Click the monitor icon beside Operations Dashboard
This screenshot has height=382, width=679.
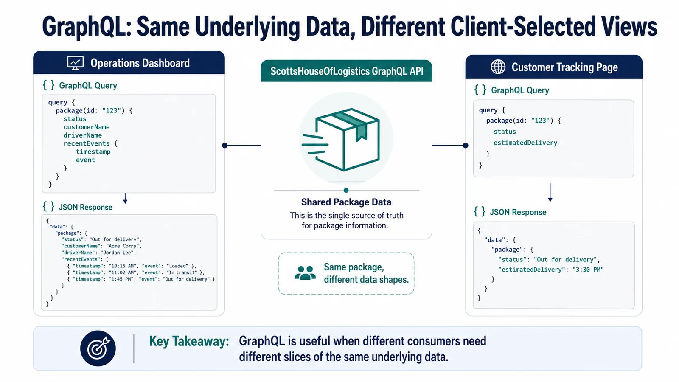pyautogui.click(x=75, y=63)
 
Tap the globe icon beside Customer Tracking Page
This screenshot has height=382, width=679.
pyautogui.click(x=498, y=67)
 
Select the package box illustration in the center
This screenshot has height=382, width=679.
pyautogui.click(x=341, y=140)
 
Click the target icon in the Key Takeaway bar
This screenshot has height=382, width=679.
pyautogui.click(x=98, y=348)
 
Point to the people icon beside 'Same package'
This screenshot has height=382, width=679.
pyautogui.click(x=305, y=273)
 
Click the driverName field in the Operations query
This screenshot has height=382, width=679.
pyautogui.click(x=82, y=135)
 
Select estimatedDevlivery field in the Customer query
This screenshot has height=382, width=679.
pyautogui.click(x=525, y=143)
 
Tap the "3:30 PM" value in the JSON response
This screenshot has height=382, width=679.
pyautogui.click(x=588, y=270)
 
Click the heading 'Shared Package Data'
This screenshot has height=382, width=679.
pyautogui.click(x=346, y=202)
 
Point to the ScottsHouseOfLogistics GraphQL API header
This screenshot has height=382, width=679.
pyautogui.click(x=346, y=71)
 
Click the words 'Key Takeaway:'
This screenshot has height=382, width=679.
pyautogui.click(x=189, y=341)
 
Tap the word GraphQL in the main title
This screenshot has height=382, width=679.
pyautogui.click(x=87, y=27)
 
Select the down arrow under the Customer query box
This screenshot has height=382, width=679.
pyautogui.click(x=550, y=193)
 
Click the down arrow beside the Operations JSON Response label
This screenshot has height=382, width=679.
pyautogui.click(x=125, y=198)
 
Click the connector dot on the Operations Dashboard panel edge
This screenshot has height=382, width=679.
pyautogui.click(x=224, y=146)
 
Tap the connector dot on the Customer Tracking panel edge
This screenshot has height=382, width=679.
pyautogui.click(x=466, y=146)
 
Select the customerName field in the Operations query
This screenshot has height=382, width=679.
pyautogui.click(x=87, y=127)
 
